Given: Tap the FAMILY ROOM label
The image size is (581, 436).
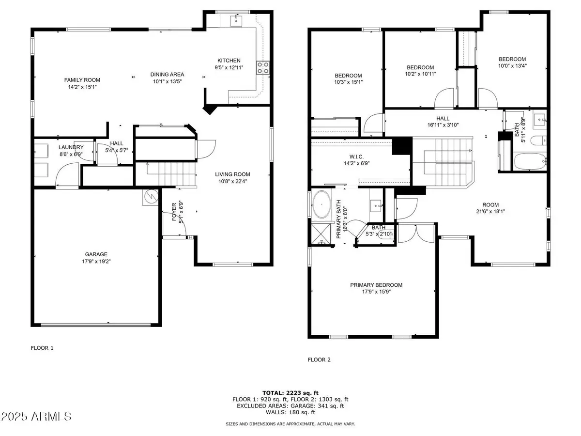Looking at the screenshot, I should point(82,80).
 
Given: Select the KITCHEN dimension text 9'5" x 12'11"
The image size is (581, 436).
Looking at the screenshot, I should point(229,68).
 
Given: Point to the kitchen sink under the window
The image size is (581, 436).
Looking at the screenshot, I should point(237,20).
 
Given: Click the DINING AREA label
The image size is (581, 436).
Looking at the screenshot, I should point(167,75).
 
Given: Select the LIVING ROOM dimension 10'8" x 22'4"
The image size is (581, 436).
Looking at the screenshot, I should point(233,182).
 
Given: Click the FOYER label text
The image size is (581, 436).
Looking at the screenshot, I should point(175,211).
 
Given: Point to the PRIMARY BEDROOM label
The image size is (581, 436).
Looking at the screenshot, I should point(376,285).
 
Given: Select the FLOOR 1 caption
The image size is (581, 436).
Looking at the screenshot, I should point(42,347).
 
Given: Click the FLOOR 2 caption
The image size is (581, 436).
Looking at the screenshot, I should point(319,359).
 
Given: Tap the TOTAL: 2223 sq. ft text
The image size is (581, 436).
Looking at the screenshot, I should point(290,393).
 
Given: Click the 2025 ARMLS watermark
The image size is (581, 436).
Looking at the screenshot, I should point(37,416).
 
